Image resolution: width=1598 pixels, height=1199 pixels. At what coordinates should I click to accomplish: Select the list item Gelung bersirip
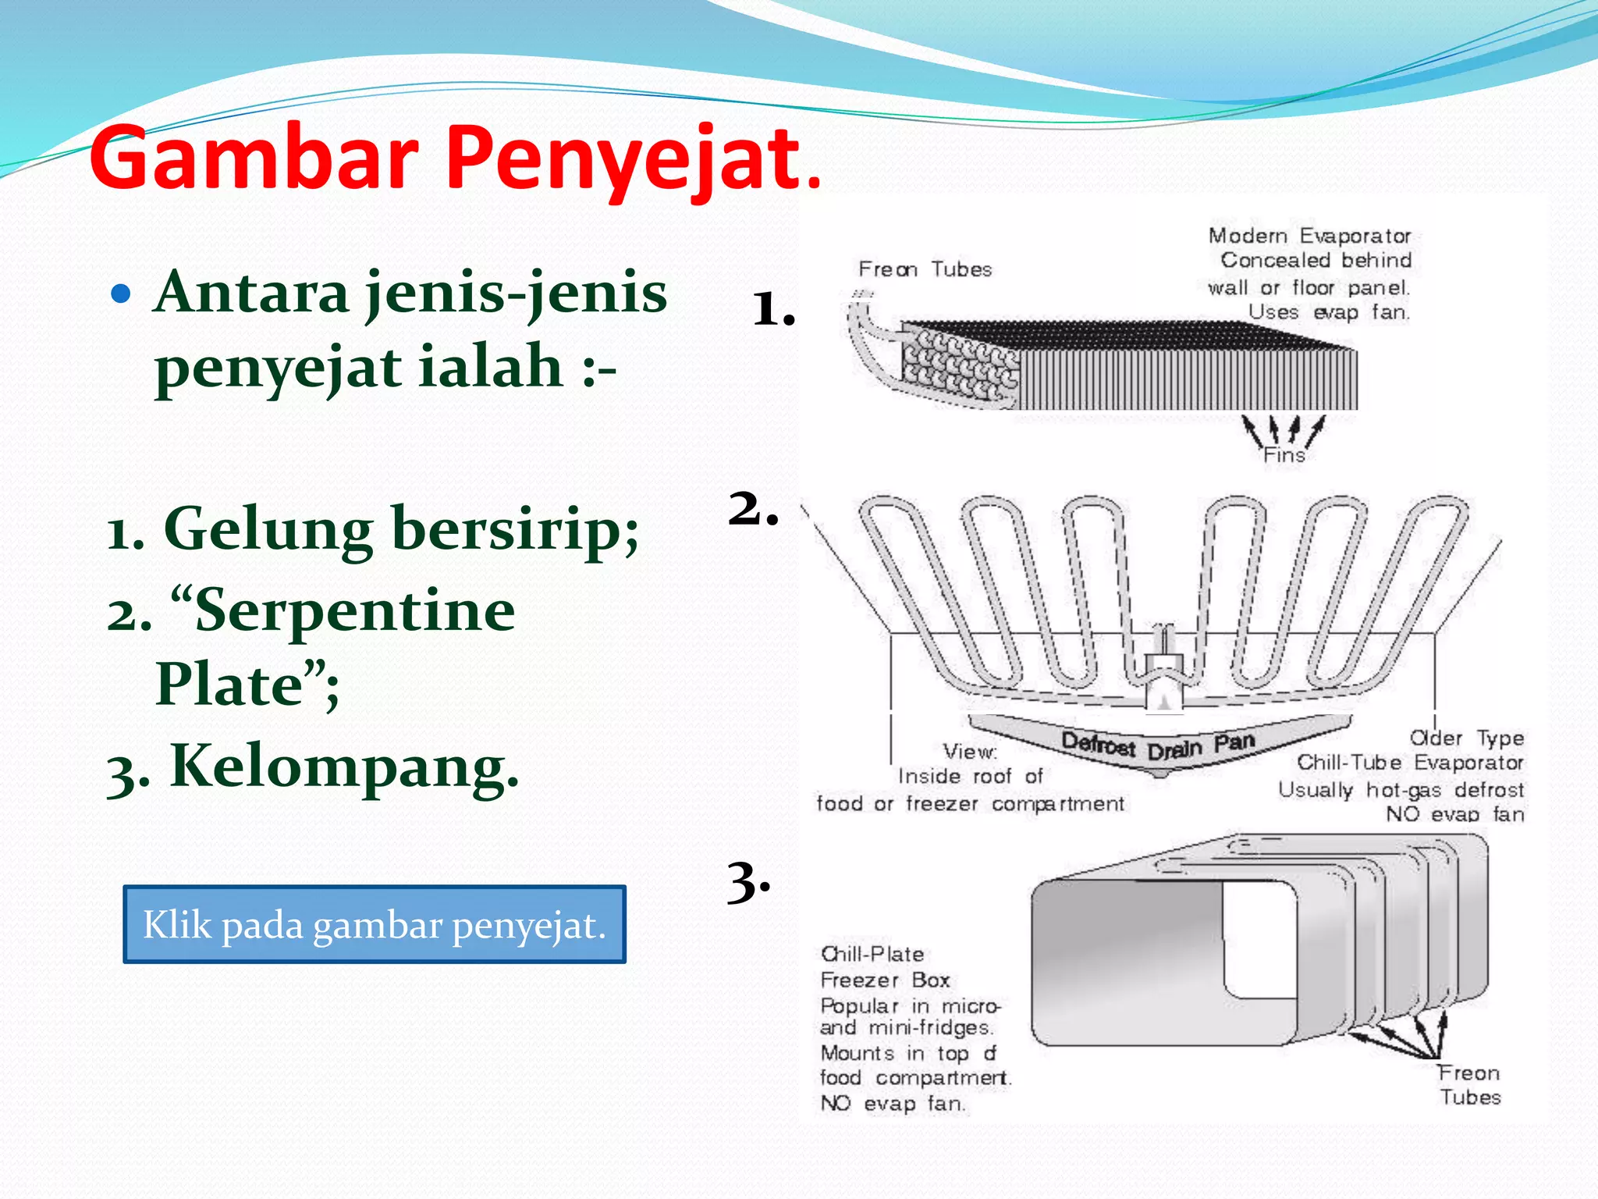click(373, 529)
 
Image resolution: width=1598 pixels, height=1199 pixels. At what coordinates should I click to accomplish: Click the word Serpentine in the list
click(355, 611)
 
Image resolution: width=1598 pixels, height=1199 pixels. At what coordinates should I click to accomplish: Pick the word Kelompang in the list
click(343, 767)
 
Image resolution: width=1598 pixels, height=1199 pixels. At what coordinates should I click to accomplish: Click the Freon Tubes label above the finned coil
click(925, 269)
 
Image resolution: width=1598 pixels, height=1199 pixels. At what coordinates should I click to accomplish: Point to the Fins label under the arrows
click(1284, 455)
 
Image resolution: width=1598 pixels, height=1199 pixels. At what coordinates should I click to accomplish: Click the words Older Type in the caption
click(1466, 738)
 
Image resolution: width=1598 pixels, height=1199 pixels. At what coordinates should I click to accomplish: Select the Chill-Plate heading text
click(872, 954)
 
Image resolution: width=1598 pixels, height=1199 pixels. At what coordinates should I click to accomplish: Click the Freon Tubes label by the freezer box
click(1469, 1085)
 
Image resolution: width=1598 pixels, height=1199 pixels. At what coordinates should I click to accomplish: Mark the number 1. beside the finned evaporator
click(773, 309)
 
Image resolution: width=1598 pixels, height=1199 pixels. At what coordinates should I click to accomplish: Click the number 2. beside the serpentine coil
click(753, 509)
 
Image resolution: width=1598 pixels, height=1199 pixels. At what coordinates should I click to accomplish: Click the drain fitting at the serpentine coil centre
click(1163, 671)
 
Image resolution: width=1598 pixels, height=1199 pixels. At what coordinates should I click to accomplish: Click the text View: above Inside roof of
click(970, 752)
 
